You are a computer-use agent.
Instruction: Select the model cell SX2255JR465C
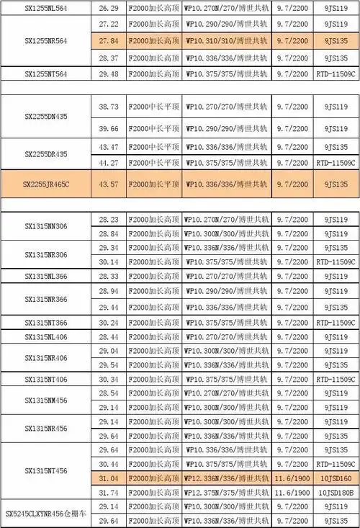46,184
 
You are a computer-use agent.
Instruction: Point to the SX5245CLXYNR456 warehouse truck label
46,513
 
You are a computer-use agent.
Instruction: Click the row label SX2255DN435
46,117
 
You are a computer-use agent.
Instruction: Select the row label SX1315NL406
46,336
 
